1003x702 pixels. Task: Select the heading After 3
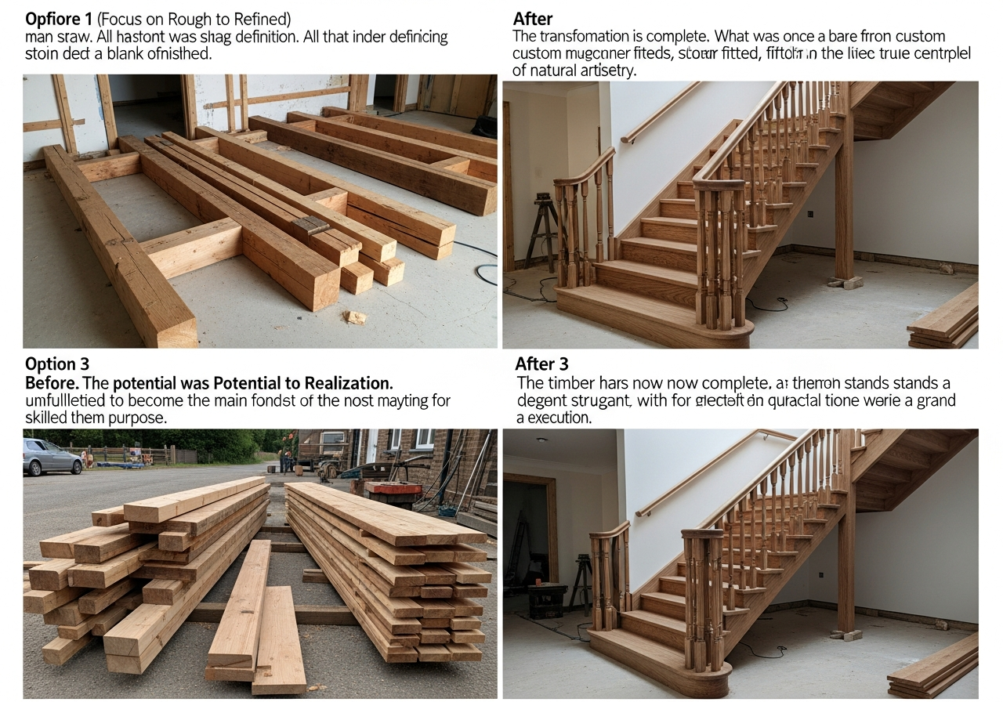(541, 364)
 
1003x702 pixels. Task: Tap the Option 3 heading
(57, 364)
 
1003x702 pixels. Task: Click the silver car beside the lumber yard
(52, 456)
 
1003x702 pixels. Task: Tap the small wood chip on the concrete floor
(355, 317)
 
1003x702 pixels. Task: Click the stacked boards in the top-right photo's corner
(945, 317)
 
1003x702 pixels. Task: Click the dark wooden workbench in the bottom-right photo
(549, 599)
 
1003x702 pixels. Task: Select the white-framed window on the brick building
(423, 440)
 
